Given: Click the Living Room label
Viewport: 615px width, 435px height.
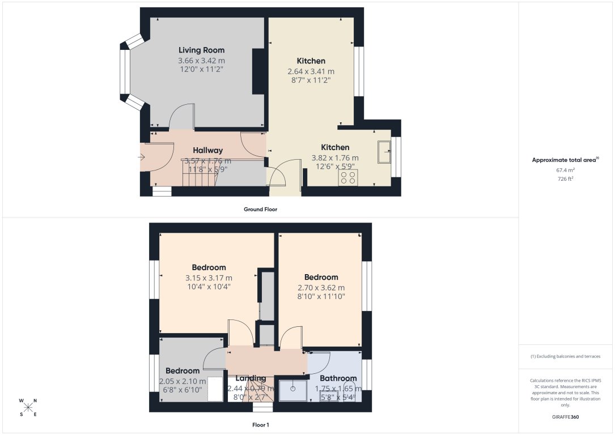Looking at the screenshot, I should click(x=201, y=50).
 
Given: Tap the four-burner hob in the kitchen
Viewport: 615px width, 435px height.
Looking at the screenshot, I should click(x=347, y=177).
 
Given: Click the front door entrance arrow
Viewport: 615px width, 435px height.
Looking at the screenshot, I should click(x=141, y=157).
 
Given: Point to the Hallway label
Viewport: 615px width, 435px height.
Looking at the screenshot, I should click(x=207, y=150).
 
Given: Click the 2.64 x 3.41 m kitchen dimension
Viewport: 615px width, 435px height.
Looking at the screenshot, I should click(x=311, y=71).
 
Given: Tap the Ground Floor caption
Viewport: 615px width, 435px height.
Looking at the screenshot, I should click(x=260, y=209).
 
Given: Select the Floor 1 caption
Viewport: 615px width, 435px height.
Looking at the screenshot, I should click(x=260, y=424).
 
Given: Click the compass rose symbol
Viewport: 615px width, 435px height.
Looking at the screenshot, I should click(x=28, y=407).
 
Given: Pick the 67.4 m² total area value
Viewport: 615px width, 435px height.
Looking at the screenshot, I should click(x=565, y=169).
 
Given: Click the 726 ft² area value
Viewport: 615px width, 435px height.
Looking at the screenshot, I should click(x=565, y=178).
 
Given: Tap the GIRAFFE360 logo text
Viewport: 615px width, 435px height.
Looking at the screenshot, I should click(x=566, y=417).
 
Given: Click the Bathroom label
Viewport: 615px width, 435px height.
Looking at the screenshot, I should click(x=338, y=378).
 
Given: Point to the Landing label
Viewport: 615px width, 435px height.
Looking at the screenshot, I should click(x=251, y=378).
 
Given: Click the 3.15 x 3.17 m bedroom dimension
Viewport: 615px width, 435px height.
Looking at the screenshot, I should click(x=209, y=278).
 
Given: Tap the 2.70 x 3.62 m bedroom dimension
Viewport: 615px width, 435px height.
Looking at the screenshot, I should click(x=321, y=287).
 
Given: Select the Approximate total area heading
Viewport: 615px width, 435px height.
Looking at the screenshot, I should click(x=565, y=160).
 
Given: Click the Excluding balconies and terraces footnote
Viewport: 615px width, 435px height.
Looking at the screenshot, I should click(x=565, y=356).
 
